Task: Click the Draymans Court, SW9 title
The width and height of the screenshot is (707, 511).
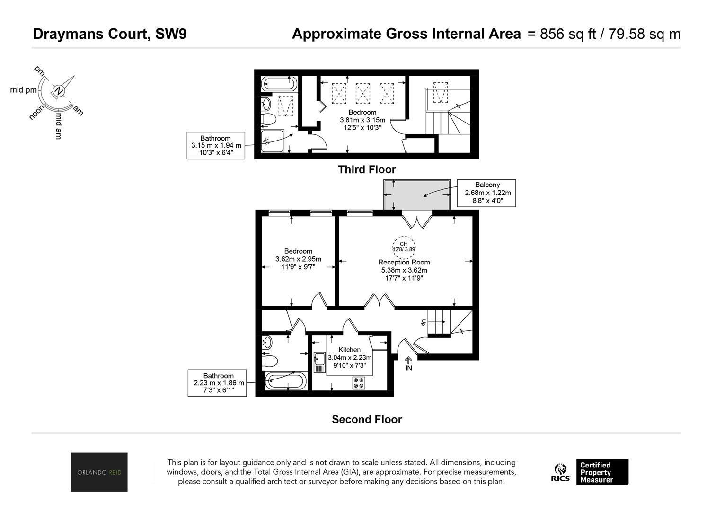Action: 110,34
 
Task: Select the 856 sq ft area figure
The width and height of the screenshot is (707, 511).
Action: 568,34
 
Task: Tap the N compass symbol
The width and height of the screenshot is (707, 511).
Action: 58,91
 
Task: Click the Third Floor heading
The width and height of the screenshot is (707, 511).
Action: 367,169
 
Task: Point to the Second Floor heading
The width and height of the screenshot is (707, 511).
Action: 367,419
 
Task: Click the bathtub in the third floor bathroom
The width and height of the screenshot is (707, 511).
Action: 279,84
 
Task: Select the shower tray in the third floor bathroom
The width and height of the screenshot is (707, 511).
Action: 273,141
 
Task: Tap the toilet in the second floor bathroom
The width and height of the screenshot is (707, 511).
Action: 270,361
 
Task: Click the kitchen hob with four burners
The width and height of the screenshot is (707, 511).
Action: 359,382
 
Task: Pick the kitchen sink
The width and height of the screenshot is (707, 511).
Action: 319,362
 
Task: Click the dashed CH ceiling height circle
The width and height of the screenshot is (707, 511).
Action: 404,248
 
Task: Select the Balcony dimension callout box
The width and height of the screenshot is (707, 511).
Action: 486,193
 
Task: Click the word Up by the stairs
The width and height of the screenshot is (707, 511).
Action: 424,322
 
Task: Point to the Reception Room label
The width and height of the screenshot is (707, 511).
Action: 404,262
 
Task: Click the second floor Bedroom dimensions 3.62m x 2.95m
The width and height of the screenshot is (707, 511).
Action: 298,259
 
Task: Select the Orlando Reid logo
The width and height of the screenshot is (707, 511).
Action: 99,472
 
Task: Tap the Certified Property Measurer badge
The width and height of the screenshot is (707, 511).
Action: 602,472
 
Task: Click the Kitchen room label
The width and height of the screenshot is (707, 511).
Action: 349,350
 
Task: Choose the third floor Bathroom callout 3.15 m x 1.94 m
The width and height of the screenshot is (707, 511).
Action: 216,146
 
